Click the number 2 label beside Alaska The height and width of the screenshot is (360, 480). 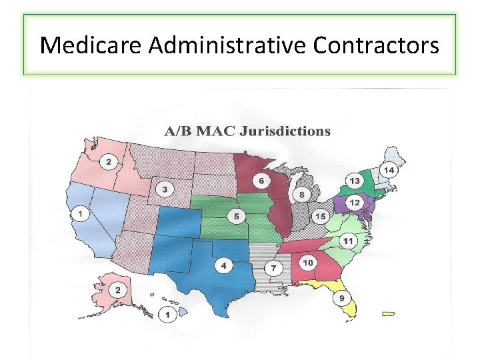coord(118,290)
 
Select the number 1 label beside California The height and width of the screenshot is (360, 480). coord(81,214)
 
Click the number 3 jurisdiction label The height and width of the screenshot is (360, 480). coord(164,189)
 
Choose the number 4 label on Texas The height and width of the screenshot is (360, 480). coord(223,266)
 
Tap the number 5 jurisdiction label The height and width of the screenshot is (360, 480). coord(236,217)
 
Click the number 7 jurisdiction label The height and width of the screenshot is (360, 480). coord(273,268)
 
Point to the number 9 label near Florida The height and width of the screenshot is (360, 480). coord(342,298)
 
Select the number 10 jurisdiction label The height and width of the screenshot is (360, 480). coord(307,263)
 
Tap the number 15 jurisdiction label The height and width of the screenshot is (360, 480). coord(321,217)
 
